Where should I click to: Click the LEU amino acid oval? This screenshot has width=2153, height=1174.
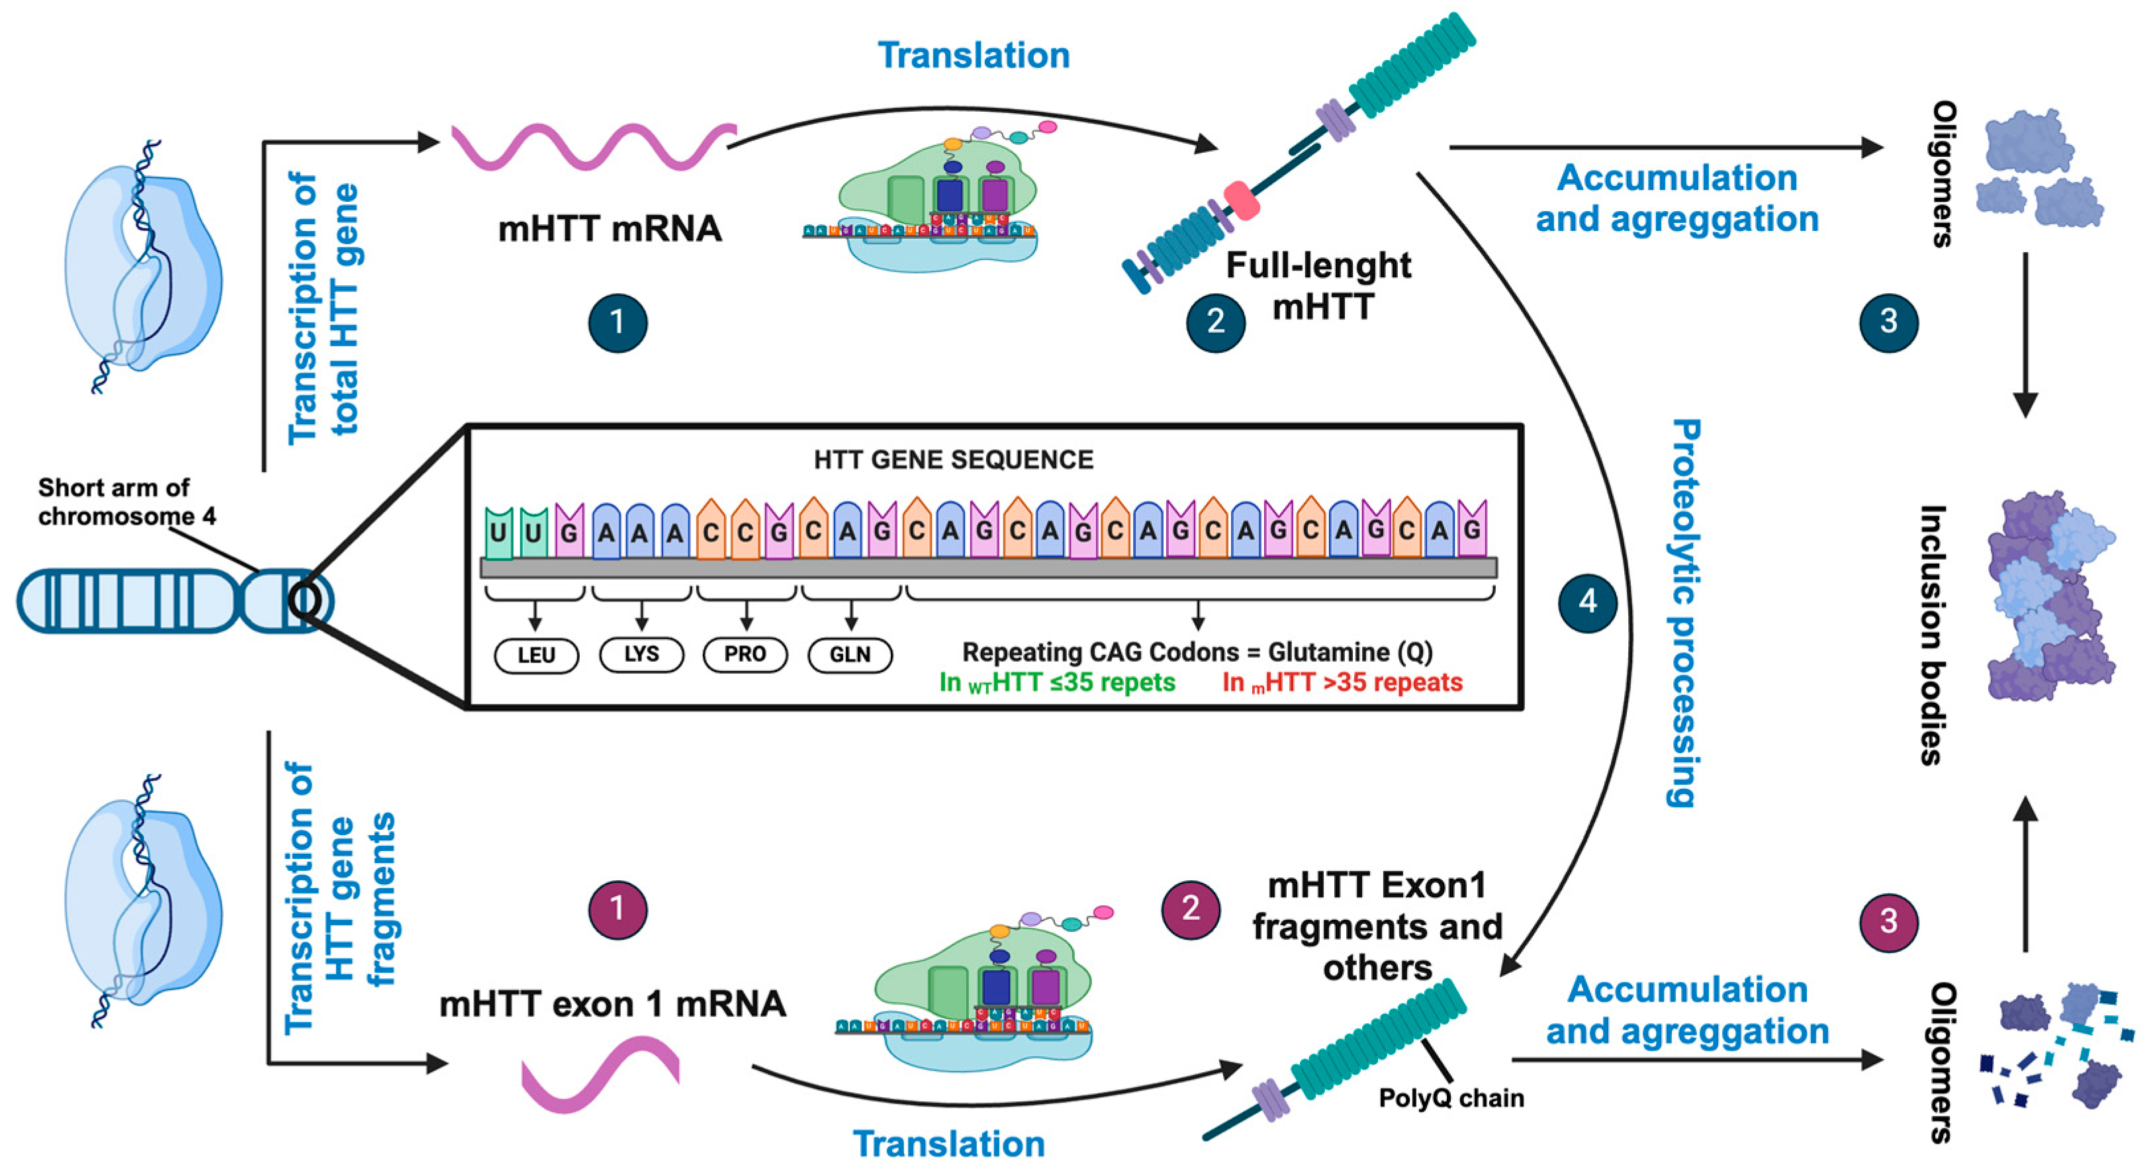(x=535, y=655)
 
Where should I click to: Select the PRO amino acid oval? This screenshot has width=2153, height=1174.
(x=745, y=655)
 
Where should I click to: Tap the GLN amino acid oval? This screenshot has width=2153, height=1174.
(x=850, y=655)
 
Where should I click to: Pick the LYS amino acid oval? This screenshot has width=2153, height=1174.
(x=641, y=655)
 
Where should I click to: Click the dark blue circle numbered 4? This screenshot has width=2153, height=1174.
(x=1587, y=602)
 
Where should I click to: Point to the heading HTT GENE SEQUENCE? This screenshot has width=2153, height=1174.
(x=953, y=459)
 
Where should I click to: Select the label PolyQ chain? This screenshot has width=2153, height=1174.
(x=1450, y=1097)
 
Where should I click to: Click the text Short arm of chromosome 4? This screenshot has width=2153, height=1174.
(x=125, y=502)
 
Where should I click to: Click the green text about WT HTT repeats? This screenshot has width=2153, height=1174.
(x=1057, y=683)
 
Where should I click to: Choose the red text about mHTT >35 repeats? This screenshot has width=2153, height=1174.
(x=1342, y=683)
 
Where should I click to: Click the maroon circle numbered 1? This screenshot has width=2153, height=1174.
(x=617, y=908)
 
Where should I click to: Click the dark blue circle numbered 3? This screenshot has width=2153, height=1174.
(x=1888, y=322)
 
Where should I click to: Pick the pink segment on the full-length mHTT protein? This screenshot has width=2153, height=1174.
(x=1241, y=201)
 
